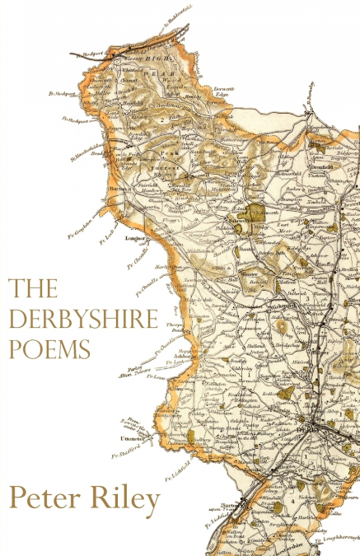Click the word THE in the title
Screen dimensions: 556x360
33,289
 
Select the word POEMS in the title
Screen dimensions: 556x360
49,349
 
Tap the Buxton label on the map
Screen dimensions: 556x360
116,189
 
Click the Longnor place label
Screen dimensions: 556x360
136,239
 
